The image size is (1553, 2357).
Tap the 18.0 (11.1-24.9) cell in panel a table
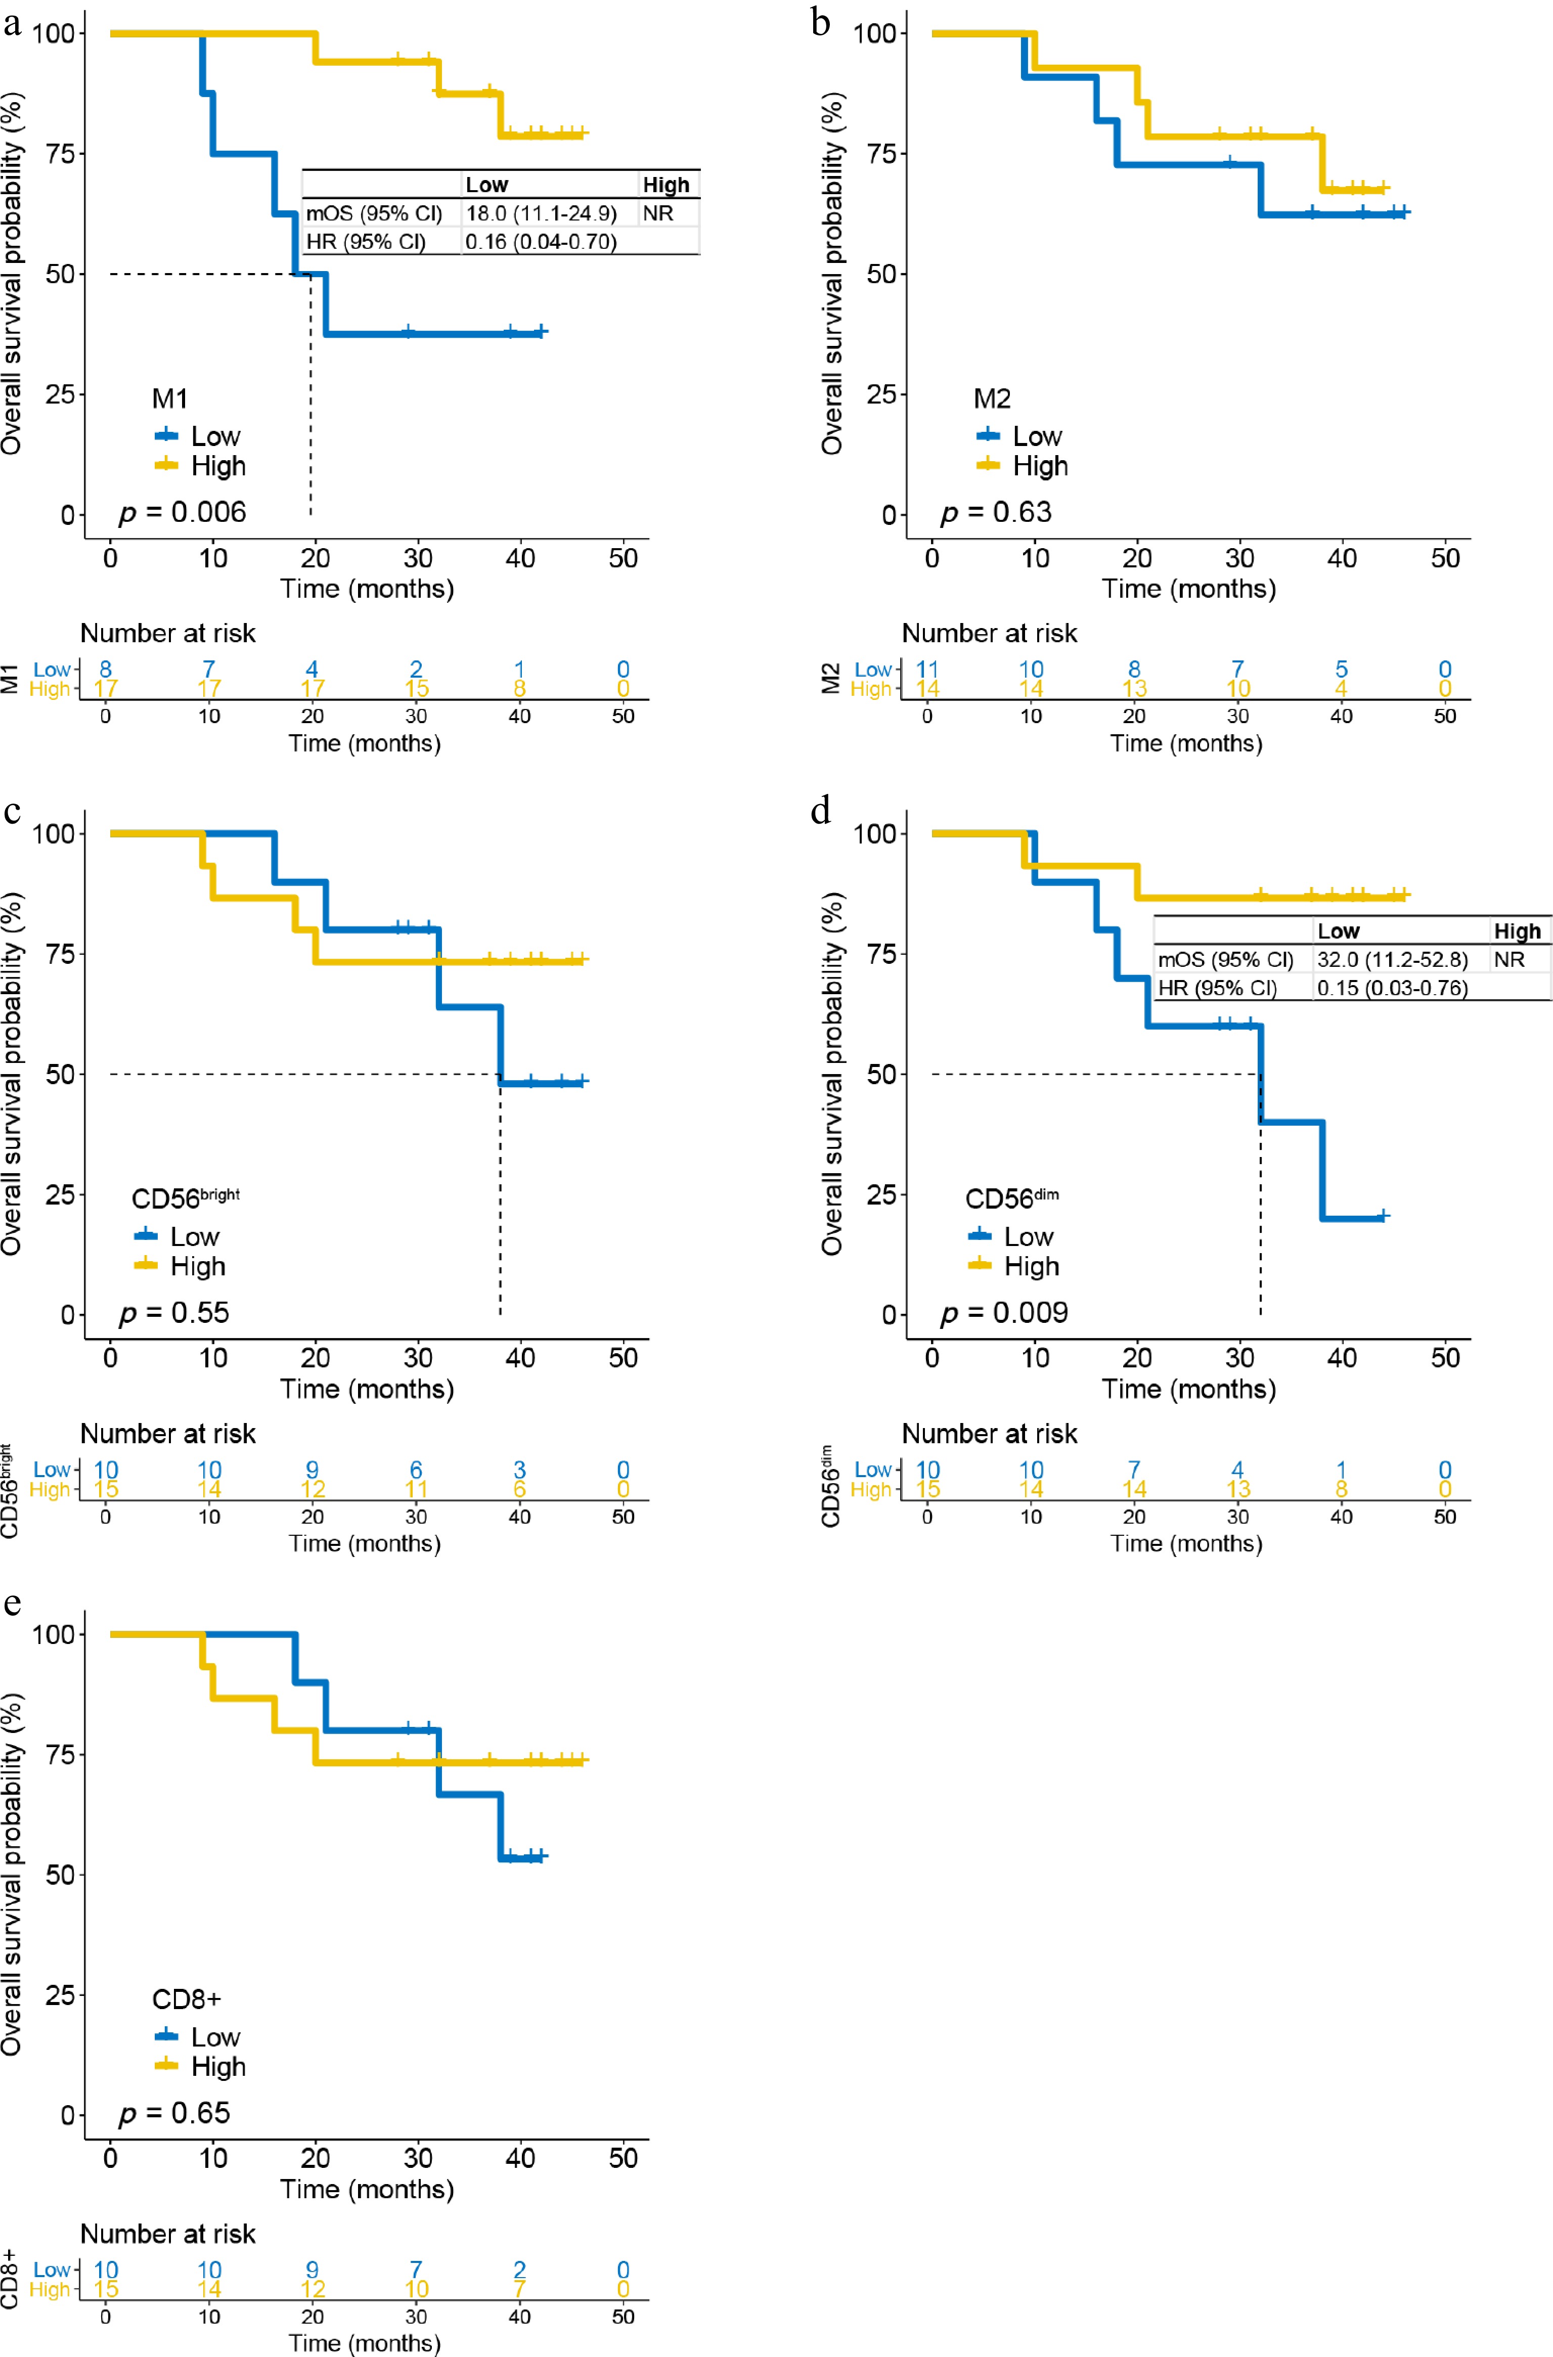point(541,214)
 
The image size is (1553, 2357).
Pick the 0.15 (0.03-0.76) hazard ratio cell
point(1392,988)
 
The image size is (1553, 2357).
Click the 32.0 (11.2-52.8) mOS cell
point(1392,960)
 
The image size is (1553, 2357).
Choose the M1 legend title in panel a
point(169,399)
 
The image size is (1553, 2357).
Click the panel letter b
point(820,22)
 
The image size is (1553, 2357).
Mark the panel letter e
point(12,1604)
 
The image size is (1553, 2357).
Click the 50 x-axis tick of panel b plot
point(1445,559)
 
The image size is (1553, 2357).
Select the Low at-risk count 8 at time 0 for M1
point(106,670)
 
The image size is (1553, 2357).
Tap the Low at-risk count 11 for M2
point(927,670)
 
